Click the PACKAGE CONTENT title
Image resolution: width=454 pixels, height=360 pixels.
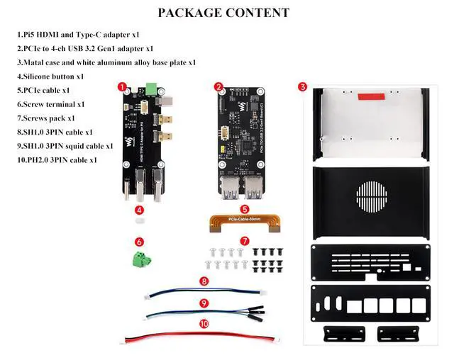[223, 13]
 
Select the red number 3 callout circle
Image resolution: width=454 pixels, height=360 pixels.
[302, 87]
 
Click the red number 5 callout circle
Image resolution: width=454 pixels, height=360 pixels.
[244, 209]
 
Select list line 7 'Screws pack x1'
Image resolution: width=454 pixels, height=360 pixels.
[45, 118]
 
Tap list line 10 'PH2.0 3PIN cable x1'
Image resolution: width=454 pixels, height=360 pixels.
[56, 160]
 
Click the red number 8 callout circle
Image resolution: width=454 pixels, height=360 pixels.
[204, 281]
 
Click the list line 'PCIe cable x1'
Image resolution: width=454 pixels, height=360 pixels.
[43, 91]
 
